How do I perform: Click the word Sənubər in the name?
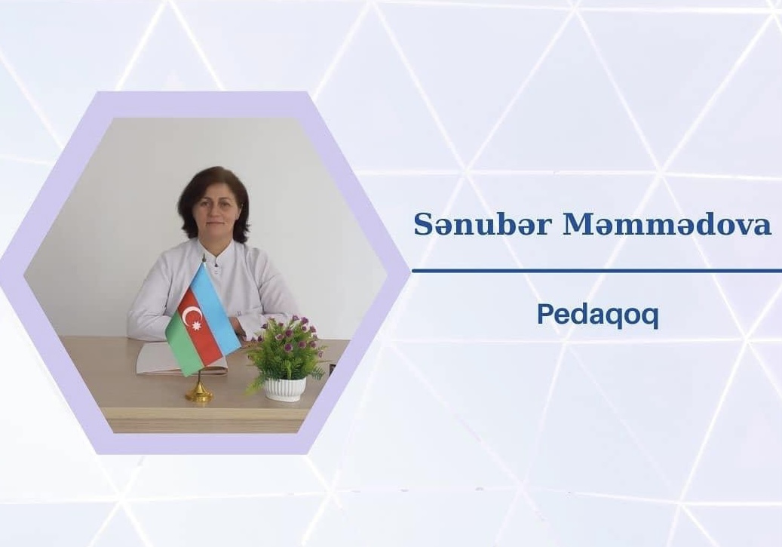[x=483, y=225]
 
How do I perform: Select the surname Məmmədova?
[x=667, y=225]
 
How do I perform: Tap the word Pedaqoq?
[x=597, y=315]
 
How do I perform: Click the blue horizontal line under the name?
[x=596, y=271]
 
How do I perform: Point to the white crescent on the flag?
[x=190, y=315]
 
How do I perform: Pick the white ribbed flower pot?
[x=285, y=389]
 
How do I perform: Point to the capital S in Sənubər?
[x=423, y=225]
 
